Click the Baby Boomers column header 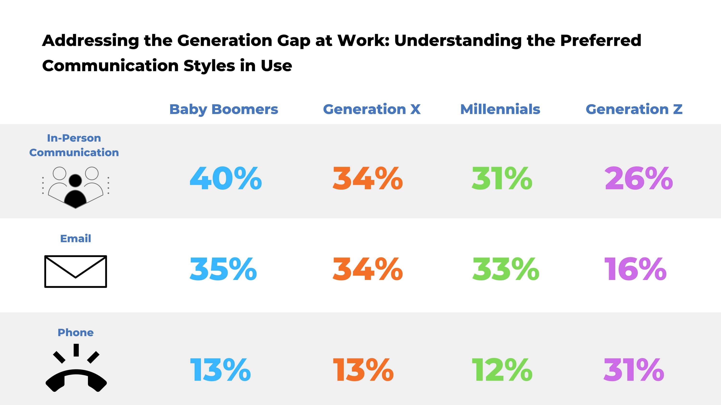pyautogui.click(x=224, y=109)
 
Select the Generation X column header pyautogui.click(x=372, y=109)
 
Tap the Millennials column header pyautogui.click(x=500, y=109)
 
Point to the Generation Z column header pyautogui.click(x=634, y=109)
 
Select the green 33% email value pyautogui.click(x=505, y=269)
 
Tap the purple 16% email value pyautogui.click(x=635, y=269)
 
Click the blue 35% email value pyautogui.click(x=223, y=269)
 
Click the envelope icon pyautogui.click(x=75, y=271)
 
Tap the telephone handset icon pyautogui.click(x=76, y=380)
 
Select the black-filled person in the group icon pyautogui.click(x=75, y=193)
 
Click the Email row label pyautogui.click(x=75, y=239)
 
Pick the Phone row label pyautogui.click(x=75, y=332)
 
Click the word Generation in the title pyautogui.click(x=224, y=41)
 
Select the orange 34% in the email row pyautogui.click(x=367, y=269)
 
